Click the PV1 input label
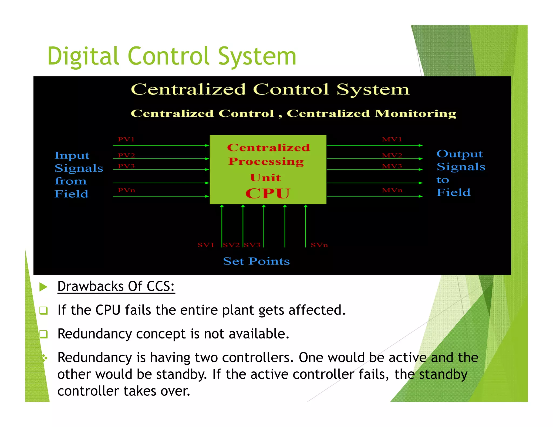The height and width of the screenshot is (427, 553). click(126, 139)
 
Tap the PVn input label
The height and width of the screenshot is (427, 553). click(126, 190)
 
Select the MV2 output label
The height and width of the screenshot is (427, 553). click(392, 155)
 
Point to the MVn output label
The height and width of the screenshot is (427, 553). click(392, 190)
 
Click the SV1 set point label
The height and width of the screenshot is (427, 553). click(206, 245)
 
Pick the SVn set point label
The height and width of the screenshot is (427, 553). click(319, 245)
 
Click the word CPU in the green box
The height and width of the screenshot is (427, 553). click(268, 193)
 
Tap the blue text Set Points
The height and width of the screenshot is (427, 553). click(256, 261)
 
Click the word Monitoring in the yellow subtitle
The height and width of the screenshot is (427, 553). click(416, 113)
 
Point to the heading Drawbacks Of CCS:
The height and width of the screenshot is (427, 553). click(116, 286)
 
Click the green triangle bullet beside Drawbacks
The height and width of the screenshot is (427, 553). click(43, 287)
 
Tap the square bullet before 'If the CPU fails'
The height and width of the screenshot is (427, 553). click(43, 310)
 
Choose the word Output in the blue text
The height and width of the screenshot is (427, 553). click(460, 154)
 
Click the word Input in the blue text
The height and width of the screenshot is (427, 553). click(72, 155)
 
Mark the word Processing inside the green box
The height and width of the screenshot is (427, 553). click(266, 161)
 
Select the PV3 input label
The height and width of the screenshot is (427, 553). click(126, 166)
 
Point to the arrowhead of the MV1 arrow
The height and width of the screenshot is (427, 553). click(421, 145)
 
